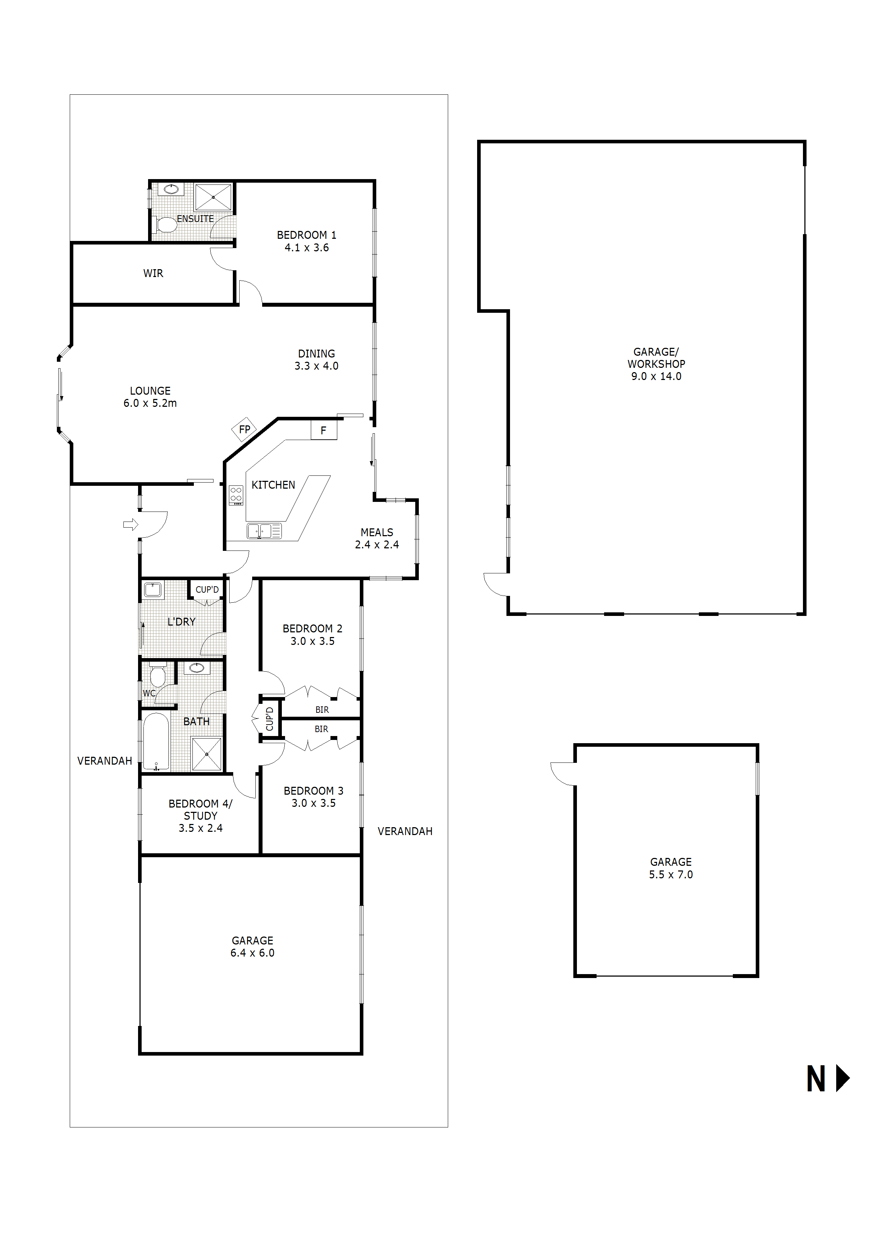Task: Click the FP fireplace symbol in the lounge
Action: click(x=244, y=429)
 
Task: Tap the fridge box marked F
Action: click(x=324, y=430)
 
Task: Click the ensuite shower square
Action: click(x=213, y=197)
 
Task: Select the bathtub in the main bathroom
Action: click(x=156, y=742)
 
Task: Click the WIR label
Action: click(x=153, y=273)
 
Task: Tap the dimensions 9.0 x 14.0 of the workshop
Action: click(x=656, y=376)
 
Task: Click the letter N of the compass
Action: click(x=816, y=1080)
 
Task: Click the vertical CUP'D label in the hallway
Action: click(x=269, y=719)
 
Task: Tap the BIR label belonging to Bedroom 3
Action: click(x=321, y=729)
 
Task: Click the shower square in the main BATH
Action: click(x=207, y=754)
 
